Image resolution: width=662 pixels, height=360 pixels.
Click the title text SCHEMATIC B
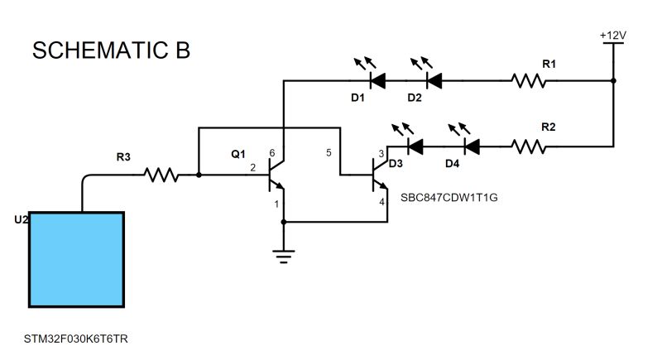111,50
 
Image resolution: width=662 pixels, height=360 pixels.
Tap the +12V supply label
612,36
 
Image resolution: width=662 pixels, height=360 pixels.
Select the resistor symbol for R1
529,81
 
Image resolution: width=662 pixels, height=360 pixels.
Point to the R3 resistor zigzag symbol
161,175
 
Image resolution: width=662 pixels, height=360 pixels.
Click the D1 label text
357,98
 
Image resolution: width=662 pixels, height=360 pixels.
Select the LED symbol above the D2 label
433,80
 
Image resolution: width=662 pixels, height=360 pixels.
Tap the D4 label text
452,163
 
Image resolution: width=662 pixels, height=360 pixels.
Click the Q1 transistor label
238,154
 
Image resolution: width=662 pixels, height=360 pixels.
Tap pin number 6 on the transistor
272,153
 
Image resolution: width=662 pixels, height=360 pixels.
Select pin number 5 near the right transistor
329,153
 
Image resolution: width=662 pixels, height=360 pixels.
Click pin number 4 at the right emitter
381,201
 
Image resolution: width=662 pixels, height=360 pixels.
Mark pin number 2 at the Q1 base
252,167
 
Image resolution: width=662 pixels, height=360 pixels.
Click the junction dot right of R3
199,175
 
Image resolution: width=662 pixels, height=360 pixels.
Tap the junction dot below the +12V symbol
612,81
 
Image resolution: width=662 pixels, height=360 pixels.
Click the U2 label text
22,220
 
